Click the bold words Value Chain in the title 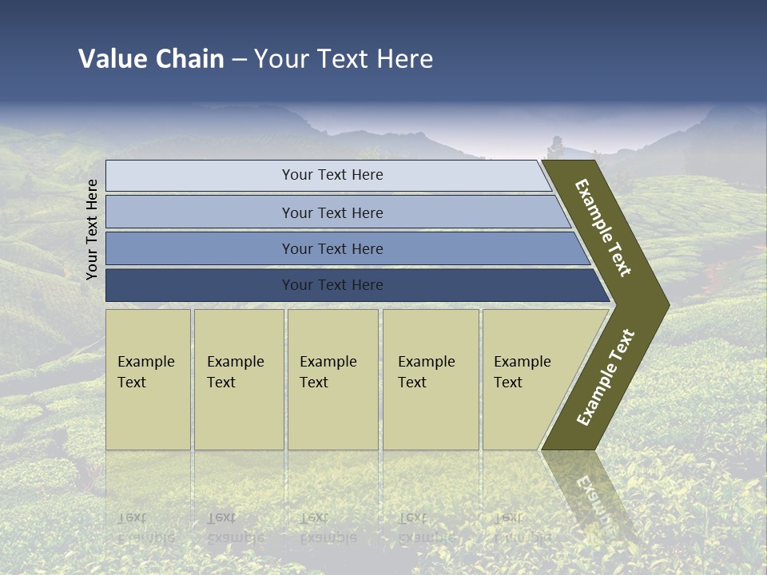pos(151,59)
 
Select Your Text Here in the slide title pos(344,59)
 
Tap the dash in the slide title pos(239,59)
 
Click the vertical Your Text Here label pos(92,229)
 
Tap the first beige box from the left pos(148,379)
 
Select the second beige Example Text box pos(239,379)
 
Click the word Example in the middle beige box pos(328,362)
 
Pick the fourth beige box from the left pos(431,379)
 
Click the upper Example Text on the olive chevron pos(603,228)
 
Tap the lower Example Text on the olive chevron pos(606,377)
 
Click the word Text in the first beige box pos(132,383)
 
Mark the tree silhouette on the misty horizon pos(556,147)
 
